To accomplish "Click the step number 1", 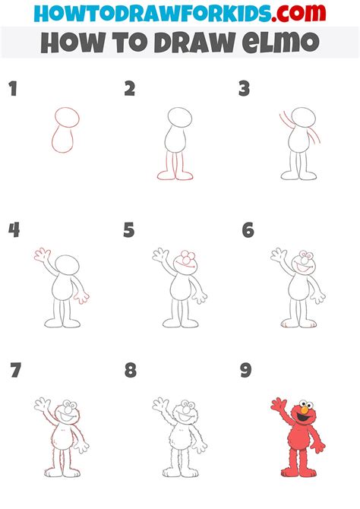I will click(x=12, y=90).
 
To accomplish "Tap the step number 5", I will click(x=129, y=230).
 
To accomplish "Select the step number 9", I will click(x=246, y=371).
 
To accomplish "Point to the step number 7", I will click(x=15, y=371).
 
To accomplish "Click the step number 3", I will click(x=245, y=90).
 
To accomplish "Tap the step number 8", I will click(x=131, y=371).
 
